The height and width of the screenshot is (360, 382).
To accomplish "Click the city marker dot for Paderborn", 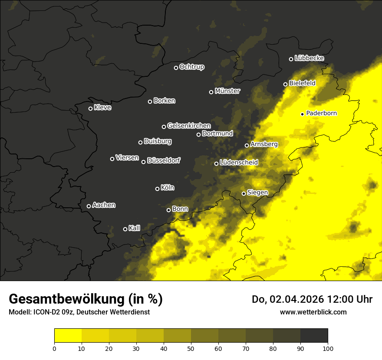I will click(302, 114).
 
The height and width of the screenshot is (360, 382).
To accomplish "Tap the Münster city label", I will click(227, 91).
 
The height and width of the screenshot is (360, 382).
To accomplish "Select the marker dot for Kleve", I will click(90, 108).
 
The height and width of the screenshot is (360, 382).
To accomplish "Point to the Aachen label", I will click(104, 205).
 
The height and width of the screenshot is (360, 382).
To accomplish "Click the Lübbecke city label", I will click(309, 58).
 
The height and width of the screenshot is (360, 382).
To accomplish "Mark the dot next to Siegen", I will click(244, 193).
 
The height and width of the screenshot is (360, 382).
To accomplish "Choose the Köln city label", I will click(168, 188).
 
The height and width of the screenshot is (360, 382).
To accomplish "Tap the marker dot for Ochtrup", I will click(176, 68).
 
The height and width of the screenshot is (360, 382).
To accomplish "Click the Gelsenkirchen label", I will click(189, 126).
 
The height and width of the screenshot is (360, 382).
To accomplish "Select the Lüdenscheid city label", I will click(239, 163).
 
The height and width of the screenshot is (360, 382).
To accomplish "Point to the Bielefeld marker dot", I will click(285, 84).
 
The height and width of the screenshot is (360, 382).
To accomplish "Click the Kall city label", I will click(134, 228).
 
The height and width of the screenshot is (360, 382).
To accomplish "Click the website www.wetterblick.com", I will click(313, 312).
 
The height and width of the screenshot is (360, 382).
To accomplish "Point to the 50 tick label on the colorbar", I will click(191, 348).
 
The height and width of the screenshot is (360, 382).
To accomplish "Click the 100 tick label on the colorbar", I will click(328, 348).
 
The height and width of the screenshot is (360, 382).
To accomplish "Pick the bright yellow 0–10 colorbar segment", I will click(68, 336).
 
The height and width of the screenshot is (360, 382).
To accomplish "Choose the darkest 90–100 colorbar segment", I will click(314, 336).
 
